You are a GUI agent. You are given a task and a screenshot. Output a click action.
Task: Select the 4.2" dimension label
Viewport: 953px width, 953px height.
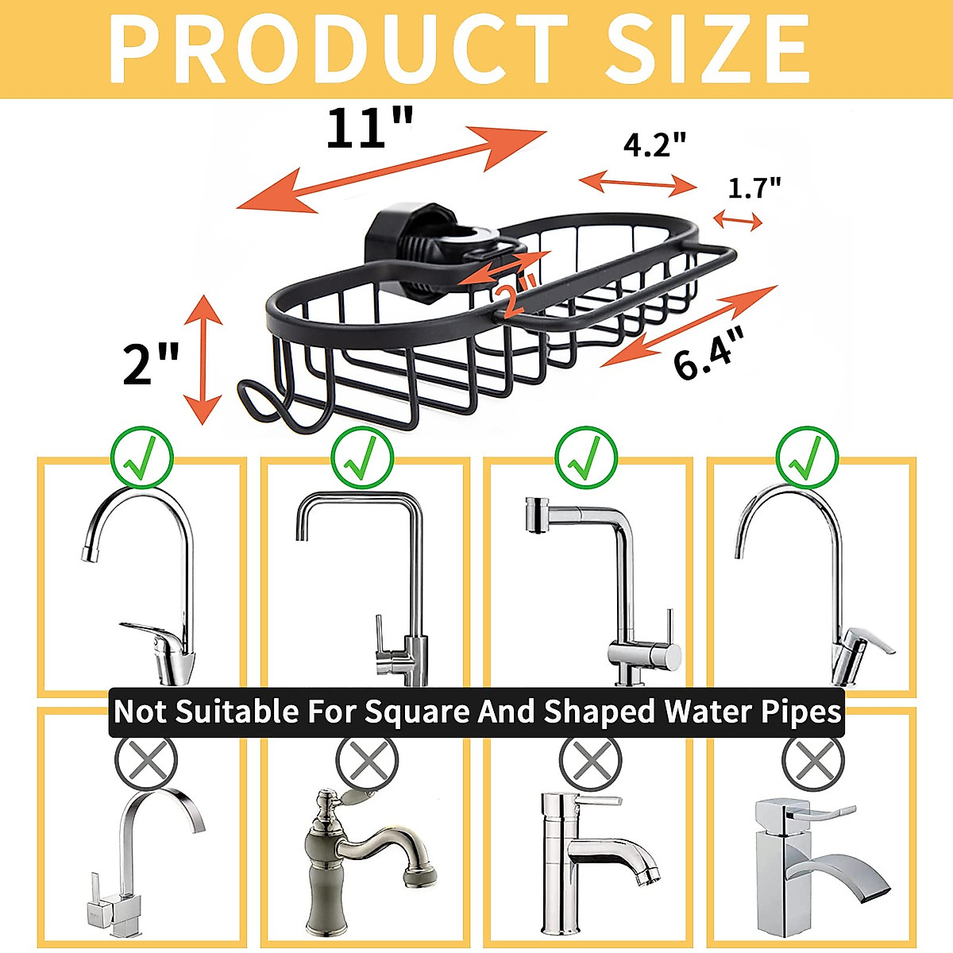pos(654,145)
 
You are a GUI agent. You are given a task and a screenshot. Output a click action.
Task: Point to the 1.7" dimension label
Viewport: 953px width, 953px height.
pos(754,188)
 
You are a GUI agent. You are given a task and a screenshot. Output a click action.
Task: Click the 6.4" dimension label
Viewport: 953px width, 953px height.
pos(711,357)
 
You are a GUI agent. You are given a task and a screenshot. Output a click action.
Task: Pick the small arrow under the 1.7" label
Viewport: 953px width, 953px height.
pos(738,219)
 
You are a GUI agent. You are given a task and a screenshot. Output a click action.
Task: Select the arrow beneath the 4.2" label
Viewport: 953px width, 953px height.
pos(639,183)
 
